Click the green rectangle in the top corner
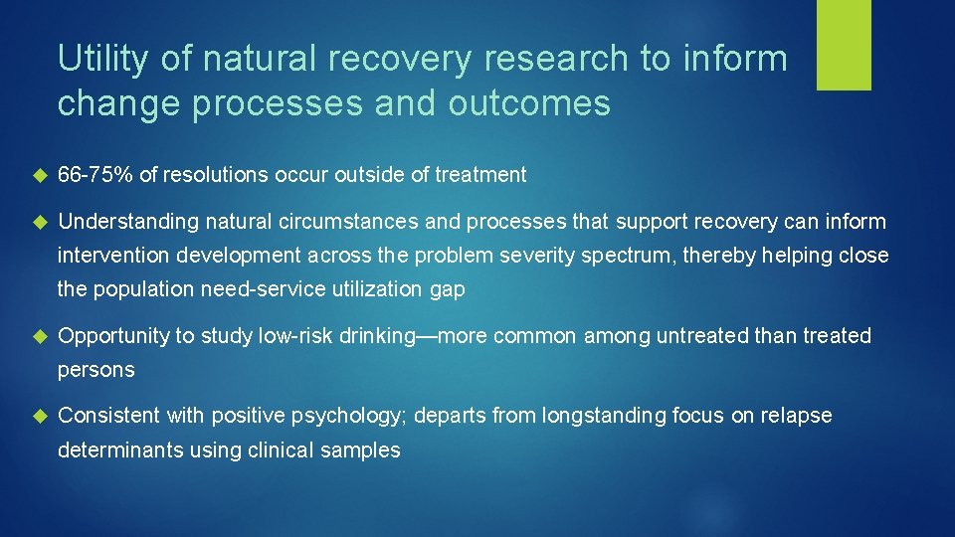pyautogui.click(x=844, y=45)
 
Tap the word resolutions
pyautogui.click(x=212, y=175)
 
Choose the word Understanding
pyautogui.click(x=127, y=221)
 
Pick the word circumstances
pyautogui.click(x=337, y=221)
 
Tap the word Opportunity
pyautogui.click(x=113, y=336)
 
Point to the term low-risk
pyautogui.click(x=295, y=336)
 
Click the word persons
pyautogui.click(x=95, y=370)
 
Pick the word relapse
pyautogui.click(x=796, y=416)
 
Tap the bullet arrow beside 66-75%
pyautogui.click(x=40, y=176)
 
